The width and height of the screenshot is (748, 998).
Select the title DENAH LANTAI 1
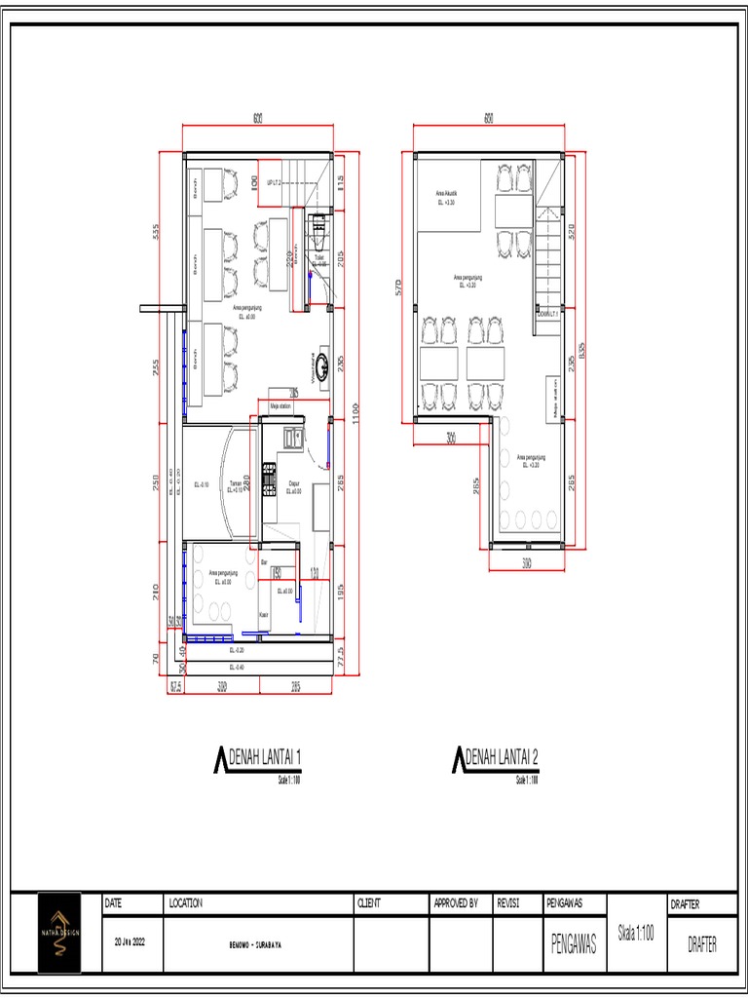265,757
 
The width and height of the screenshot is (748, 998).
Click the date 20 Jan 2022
130,942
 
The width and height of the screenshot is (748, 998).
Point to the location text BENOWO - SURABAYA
257,944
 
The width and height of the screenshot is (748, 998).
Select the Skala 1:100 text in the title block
635,932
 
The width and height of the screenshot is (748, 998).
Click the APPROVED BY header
455,903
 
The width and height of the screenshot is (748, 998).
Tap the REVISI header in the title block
507,903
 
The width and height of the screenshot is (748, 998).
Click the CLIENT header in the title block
368,903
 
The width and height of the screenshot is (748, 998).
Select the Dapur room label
294,484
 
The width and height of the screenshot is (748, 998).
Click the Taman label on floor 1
235,484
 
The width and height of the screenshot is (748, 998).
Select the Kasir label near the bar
263,614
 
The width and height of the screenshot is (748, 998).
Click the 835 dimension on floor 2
582,348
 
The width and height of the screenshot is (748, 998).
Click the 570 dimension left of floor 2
398,287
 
